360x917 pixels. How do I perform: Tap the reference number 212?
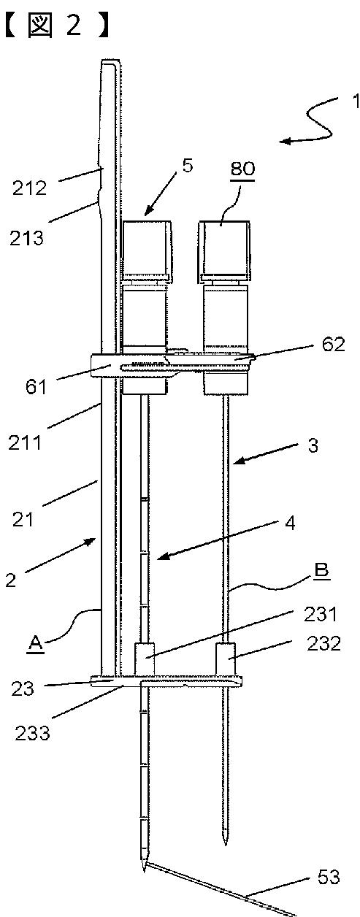point(29,188)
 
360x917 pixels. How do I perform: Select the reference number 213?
point(26,238)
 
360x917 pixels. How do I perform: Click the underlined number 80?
point(243,169)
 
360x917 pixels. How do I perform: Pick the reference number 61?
point(36,387)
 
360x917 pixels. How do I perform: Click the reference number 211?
point(25,443)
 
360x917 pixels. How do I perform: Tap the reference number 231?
point(321,614)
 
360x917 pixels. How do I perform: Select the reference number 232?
point(324,644)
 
